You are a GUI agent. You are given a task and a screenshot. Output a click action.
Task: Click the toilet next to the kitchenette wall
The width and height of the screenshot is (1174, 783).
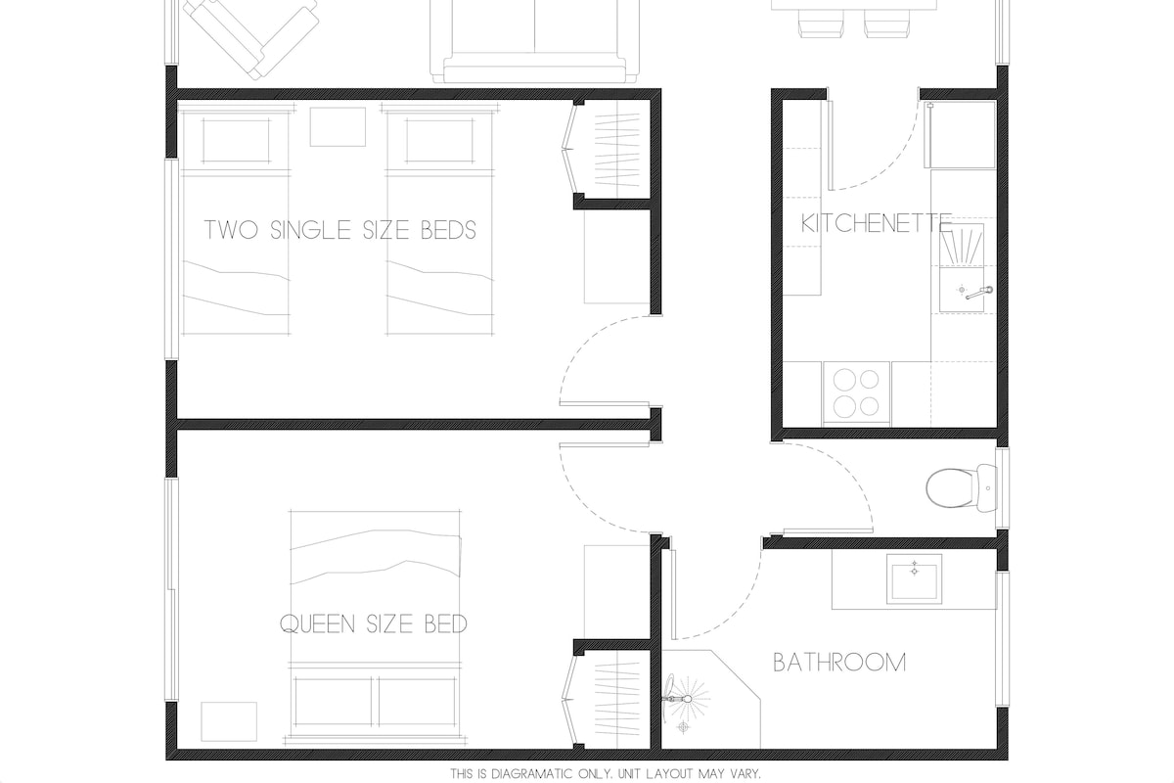tap(962, 488)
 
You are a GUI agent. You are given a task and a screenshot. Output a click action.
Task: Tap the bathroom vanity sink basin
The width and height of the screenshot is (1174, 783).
tap(914, 578)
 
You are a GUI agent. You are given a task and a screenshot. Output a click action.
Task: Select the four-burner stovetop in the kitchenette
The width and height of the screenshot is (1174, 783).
tap(856, 392)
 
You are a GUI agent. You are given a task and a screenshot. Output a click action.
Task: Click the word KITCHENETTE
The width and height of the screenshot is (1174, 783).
tap(877, 224)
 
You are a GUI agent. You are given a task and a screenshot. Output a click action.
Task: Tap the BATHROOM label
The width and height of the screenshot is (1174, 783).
tap(839, 663)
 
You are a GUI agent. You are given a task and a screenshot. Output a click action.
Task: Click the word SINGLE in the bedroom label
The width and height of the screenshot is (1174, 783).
tap(310, 230)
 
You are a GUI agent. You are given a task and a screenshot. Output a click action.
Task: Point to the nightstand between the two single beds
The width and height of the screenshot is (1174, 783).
tap(338, 127)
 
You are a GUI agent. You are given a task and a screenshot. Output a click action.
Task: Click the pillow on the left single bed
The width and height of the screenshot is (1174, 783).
tap(236, 141)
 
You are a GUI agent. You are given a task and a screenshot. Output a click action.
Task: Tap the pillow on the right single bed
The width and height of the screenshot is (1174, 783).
tap(439, 141)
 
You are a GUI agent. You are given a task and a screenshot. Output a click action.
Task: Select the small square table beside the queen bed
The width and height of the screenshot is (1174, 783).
tap(229, 721)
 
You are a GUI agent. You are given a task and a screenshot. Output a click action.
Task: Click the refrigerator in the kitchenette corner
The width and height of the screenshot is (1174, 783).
tap(963, 135)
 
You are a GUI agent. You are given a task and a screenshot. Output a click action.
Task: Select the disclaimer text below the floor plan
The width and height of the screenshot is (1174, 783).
tap(606, 773)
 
